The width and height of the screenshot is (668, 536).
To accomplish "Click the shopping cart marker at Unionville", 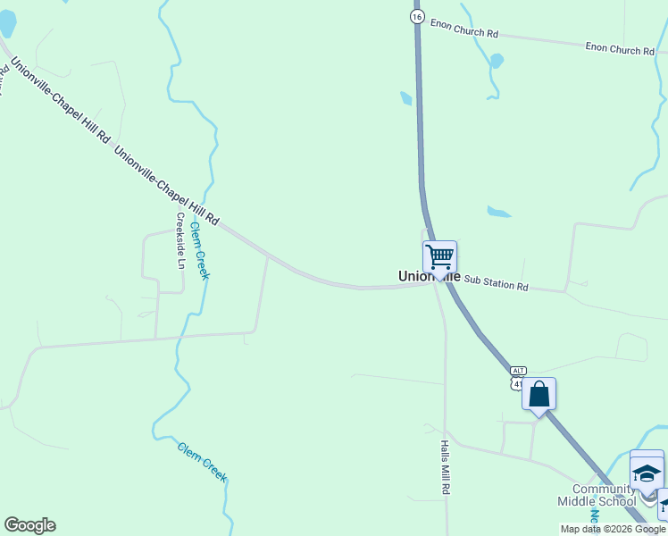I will [439, 257].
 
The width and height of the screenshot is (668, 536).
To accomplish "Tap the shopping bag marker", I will [539, 394].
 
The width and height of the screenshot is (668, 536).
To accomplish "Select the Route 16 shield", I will [416, 17].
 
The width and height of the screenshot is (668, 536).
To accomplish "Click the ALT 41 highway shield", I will [518, 376].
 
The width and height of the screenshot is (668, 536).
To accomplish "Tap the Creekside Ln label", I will [180, 240].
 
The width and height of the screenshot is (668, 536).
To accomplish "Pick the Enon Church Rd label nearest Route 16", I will [463, 28].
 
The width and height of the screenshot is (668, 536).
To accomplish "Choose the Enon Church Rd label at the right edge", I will [620, 49].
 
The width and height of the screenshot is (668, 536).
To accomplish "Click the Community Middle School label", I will [604, 495].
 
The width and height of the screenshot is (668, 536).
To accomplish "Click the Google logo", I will [29, 525].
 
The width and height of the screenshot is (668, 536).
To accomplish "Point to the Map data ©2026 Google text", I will [613, 529].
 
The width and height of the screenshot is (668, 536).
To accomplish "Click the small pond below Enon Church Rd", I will [497, 61].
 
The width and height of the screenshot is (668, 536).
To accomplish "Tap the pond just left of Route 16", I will [406, 98].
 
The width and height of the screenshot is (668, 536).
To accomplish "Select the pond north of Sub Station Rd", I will [498, 213].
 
